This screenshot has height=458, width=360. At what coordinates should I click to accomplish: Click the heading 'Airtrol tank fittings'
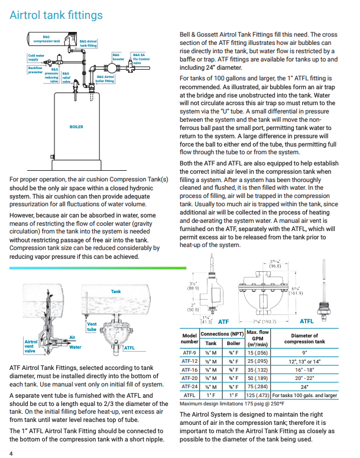point(56,15)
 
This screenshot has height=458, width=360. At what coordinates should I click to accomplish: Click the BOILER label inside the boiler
point(76,127)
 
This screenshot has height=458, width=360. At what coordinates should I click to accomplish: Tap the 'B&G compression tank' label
point(47,40)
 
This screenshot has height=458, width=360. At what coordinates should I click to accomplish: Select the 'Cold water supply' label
point(36,57)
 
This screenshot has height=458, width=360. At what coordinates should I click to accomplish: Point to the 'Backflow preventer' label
point(35,70)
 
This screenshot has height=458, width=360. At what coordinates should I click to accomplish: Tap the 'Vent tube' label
point(92,326)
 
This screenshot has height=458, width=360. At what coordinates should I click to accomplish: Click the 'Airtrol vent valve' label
point(31,346)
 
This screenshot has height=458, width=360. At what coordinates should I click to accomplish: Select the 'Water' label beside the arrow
point(75,347)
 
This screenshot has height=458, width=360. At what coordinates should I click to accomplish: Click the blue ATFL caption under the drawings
point(307,321)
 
